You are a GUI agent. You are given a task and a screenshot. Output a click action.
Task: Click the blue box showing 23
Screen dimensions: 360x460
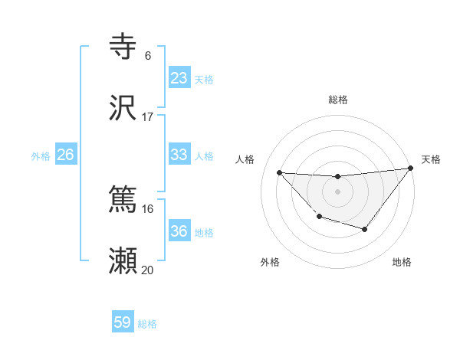(x=179, y=78)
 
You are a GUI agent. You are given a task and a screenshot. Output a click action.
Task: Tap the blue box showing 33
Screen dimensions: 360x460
(x=179, y=155)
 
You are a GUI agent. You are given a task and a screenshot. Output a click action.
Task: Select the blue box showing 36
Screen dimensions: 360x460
(x=179, y=231)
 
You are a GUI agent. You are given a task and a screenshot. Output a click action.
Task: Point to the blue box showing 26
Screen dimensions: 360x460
(x=66, y=155)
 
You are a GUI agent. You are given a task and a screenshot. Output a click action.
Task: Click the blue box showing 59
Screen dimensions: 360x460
(x=123, y=322)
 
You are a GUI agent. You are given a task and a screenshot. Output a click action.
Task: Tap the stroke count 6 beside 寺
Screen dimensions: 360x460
(x=148, y=56)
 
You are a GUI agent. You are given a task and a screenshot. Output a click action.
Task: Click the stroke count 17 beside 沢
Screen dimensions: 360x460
(x=148, y=117)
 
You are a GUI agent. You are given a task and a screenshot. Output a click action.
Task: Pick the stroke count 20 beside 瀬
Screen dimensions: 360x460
(x=148, y=270)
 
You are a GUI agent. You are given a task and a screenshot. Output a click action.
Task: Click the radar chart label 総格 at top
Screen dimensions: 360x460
(x=338, y=100)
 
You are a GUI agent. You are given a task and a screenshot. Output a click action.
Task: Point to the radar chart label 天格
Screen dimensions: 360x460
(x=432, y=159)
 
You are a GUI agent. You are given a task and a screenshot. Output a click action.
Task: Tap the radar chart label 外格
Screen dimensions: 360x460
(x=270, y=262)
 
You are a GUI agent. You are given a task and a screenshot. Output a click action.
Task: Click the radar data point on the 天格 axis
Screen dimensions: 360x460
(x=410, y=168)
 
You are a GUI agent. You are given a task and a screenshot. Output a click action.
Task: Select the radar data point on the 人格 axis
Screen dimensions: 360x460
(x=280, y=172)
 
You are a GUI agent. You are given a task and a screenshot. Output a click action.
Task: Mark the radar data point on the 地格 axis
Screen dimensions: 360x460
(x=365, y=229)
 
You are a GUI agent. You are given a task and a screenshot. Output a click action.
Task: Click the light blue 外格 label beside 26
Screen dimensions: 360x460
(x=41, y=155)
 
